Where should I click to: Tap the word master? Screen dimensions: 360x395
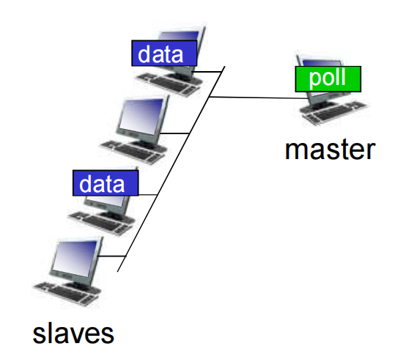330,149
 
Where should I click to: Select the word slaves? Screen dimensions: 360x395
73,333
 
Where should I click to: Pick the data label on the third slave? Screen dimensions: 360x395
106,183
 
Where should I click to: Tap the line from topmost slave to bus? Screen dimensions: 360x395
213,71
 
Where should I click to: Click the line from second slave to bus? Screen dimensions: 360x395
180,133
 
